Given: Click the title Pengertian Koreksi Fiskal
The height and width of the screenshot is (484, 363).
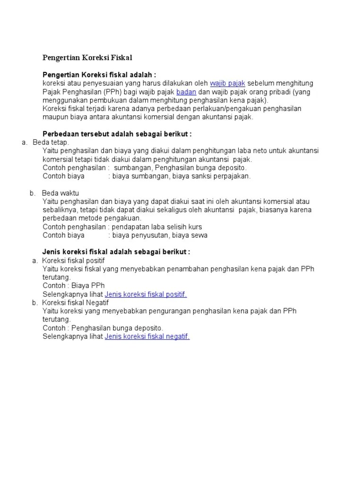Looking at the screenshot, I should coord(87,58).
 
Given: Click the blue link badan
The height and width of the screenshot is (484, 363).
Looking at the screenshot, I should coord(186,92).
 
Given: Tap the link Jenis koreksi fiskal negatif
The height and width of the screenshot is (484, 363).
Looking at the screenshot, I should coord(147,337).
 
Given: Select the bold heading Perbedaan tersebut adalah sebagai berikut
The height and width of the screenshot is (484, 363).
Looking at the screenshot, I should coord(117,134).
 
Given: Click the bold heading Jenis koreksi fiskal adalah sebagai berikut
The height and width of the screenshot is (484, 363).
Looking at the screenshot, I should coord(116,252).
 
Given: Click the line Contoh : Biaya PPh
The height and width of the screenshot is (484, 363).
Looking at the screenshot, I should coord(74,286).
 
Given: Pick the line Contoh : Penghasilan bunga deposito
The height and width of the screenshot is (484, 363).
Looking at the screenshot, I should coord(103,328).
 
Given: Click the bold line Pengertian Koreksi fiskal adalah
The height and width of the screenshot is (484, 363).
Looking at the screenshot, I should coord(99,75).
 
